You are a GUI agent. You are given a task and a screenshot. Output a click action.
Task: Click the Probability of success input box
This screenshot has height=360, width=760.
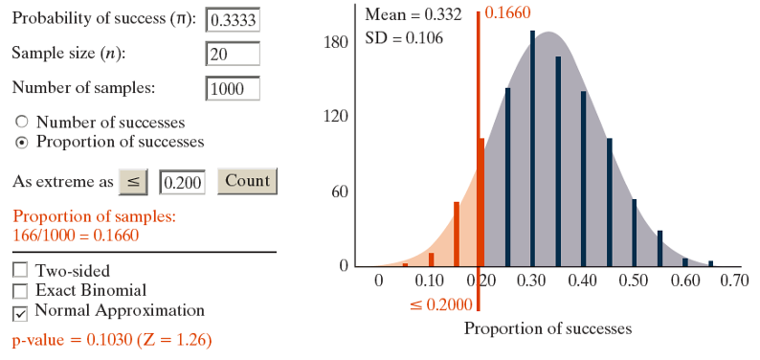click(233, 20)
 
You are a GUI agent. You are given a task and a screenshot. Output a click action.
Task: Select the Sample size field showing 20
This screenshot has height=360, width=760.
click(233, 54)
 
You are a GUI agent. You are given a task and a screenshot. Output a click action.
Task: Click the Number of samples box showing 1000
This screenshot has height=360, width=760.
click(233, 88)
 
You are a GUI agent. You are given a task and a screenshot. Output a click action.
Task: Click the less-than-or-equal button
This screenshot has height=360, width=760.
click(134, 181)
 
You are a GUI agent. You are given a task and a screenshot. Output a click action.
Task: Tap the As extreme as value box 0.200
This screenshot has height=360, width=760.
click(182, 182)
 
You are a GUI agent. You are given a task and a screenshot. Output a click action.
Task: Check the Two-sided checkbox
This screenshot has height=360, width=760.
click(20, 271)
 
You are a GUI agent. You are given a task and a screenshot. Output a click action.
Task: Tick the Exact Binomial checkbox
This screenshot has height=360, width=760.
click(20, 291)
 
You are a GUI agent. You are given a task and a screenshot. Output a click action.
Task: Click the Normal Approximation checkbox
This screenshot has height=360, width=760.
click(20, 312)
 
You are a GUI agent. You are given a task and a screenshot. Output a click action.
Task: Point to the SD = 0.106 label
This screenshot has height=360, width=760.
click(401, 38)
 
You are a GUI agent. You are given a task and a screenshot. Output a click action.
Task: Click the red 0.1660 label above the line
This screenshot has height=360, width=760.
click(507, 13)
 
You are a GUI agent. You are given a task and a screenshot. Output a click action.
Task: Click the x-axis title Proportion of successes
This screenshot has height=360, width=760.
click(548, 328)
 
